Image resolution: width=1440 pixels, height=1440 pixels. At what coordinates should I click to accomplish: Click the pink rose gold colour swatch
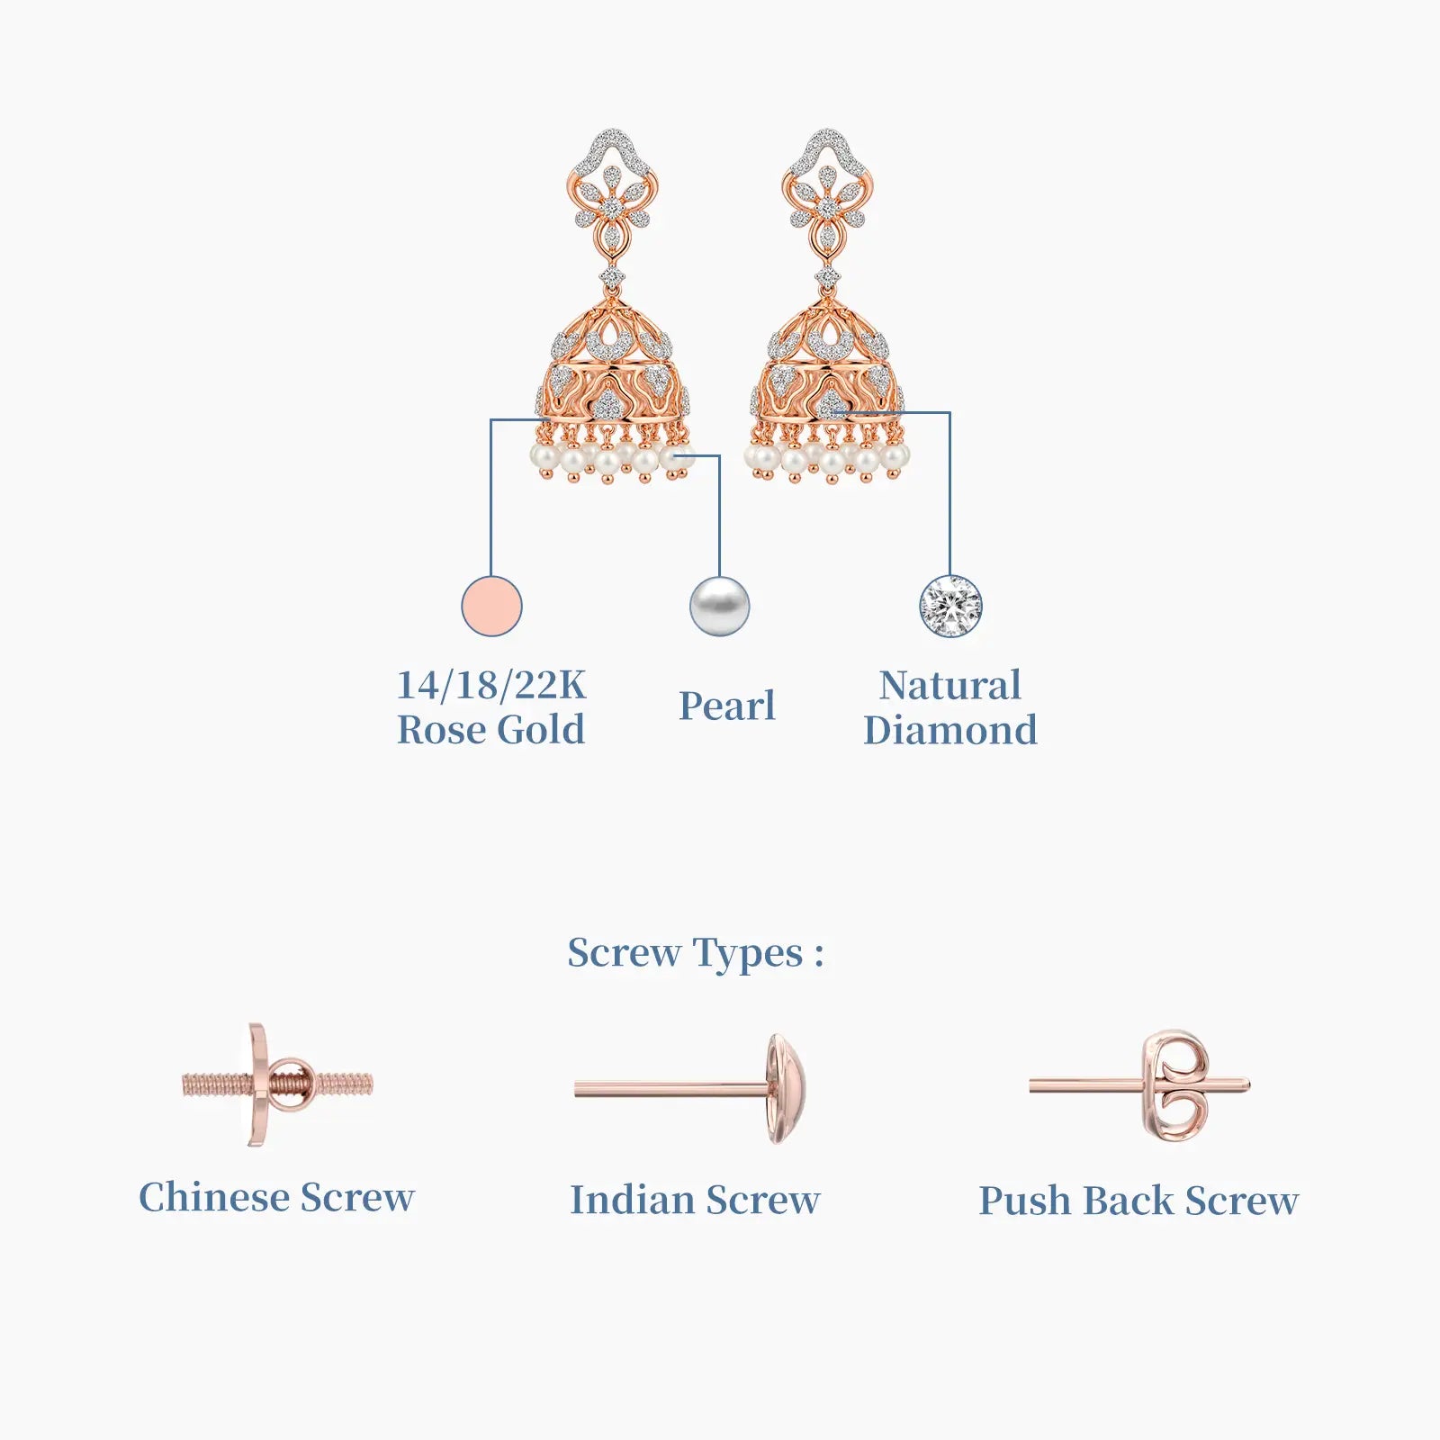pos(491,606)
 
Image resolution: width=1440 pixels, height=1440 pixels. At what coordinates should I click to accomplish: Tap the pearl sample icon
pos(719,606)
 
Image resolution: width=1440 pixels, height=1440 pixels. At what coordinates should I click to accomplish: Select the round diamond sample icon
pos(950,606)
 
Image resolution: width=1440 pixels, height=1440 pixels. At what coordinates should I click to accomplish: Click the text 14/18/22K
pos(491,685)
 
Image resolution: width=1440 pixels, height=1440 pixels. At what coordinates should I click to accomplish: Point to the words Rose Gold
pos(491,730)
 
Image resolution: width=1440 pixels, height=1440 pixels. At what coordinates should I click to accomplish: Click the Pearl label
pos(727,706)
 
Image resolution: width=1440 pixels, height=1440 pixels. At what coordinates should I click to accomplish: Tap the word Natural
pos(950,685)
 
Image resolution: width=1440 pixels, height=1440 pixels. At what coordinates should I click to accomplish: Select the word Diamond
pos(950,730)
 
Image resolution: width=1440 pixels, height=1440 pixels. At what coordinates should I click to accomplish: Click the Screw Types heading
pos(696,953)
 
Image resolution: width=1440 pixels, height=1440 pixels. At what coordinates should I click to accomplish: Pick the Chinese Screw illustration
pos(277,1084)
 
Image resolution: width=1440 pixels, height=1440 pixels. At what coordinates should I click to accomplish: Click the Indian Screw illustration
pos(690,1089)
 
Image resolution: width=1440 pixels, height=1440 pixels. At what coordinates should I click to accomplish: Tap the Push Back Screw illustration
pos(1140,1086)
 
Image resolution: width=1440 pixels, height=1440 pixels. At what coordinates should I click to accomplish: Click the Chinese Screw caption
pos(277,1198)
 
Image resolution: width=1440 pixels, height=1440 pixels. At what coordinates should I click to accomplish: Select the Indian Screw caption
pos(696,1200)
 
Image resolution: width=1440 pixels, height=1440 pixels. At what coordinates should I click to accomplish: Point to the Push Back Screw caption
pos(1139,1201)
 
